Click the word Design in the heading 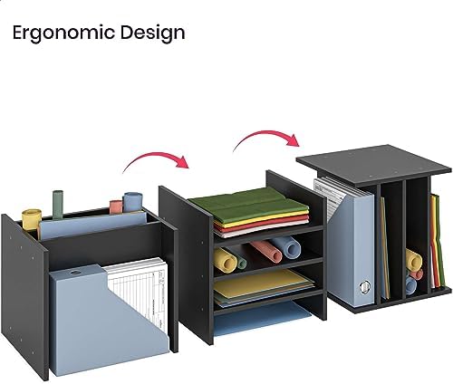pyautogui.click(x=153, y=33)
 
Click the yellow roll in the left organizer pyautogui.click(x=32, y=219)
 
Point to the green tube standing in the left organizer pyautogui.click(x=58, y=204)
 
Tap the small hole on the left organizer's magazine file pyautogui.click(x=74, y=273)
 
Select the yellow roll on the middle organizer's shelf pyautogui.click(x=226, y=260)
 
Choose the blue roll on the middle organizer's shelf pyautogui.click(x=285, y=246)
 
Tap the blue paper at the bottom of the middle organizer pyautogui.click(x=260, y=319)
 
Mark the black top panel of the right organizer pyautogui.click(x=374, y=165)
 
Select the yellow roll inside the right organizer pyautogui.click(x=413, y=259)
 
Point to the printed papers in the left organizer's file pyautogui.click(x=139, y=293)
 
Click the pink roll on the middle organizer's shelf pyautogui.click(x=265, y=251)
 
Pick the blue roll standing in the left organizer pyautogui.click(x=132, y=202)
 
